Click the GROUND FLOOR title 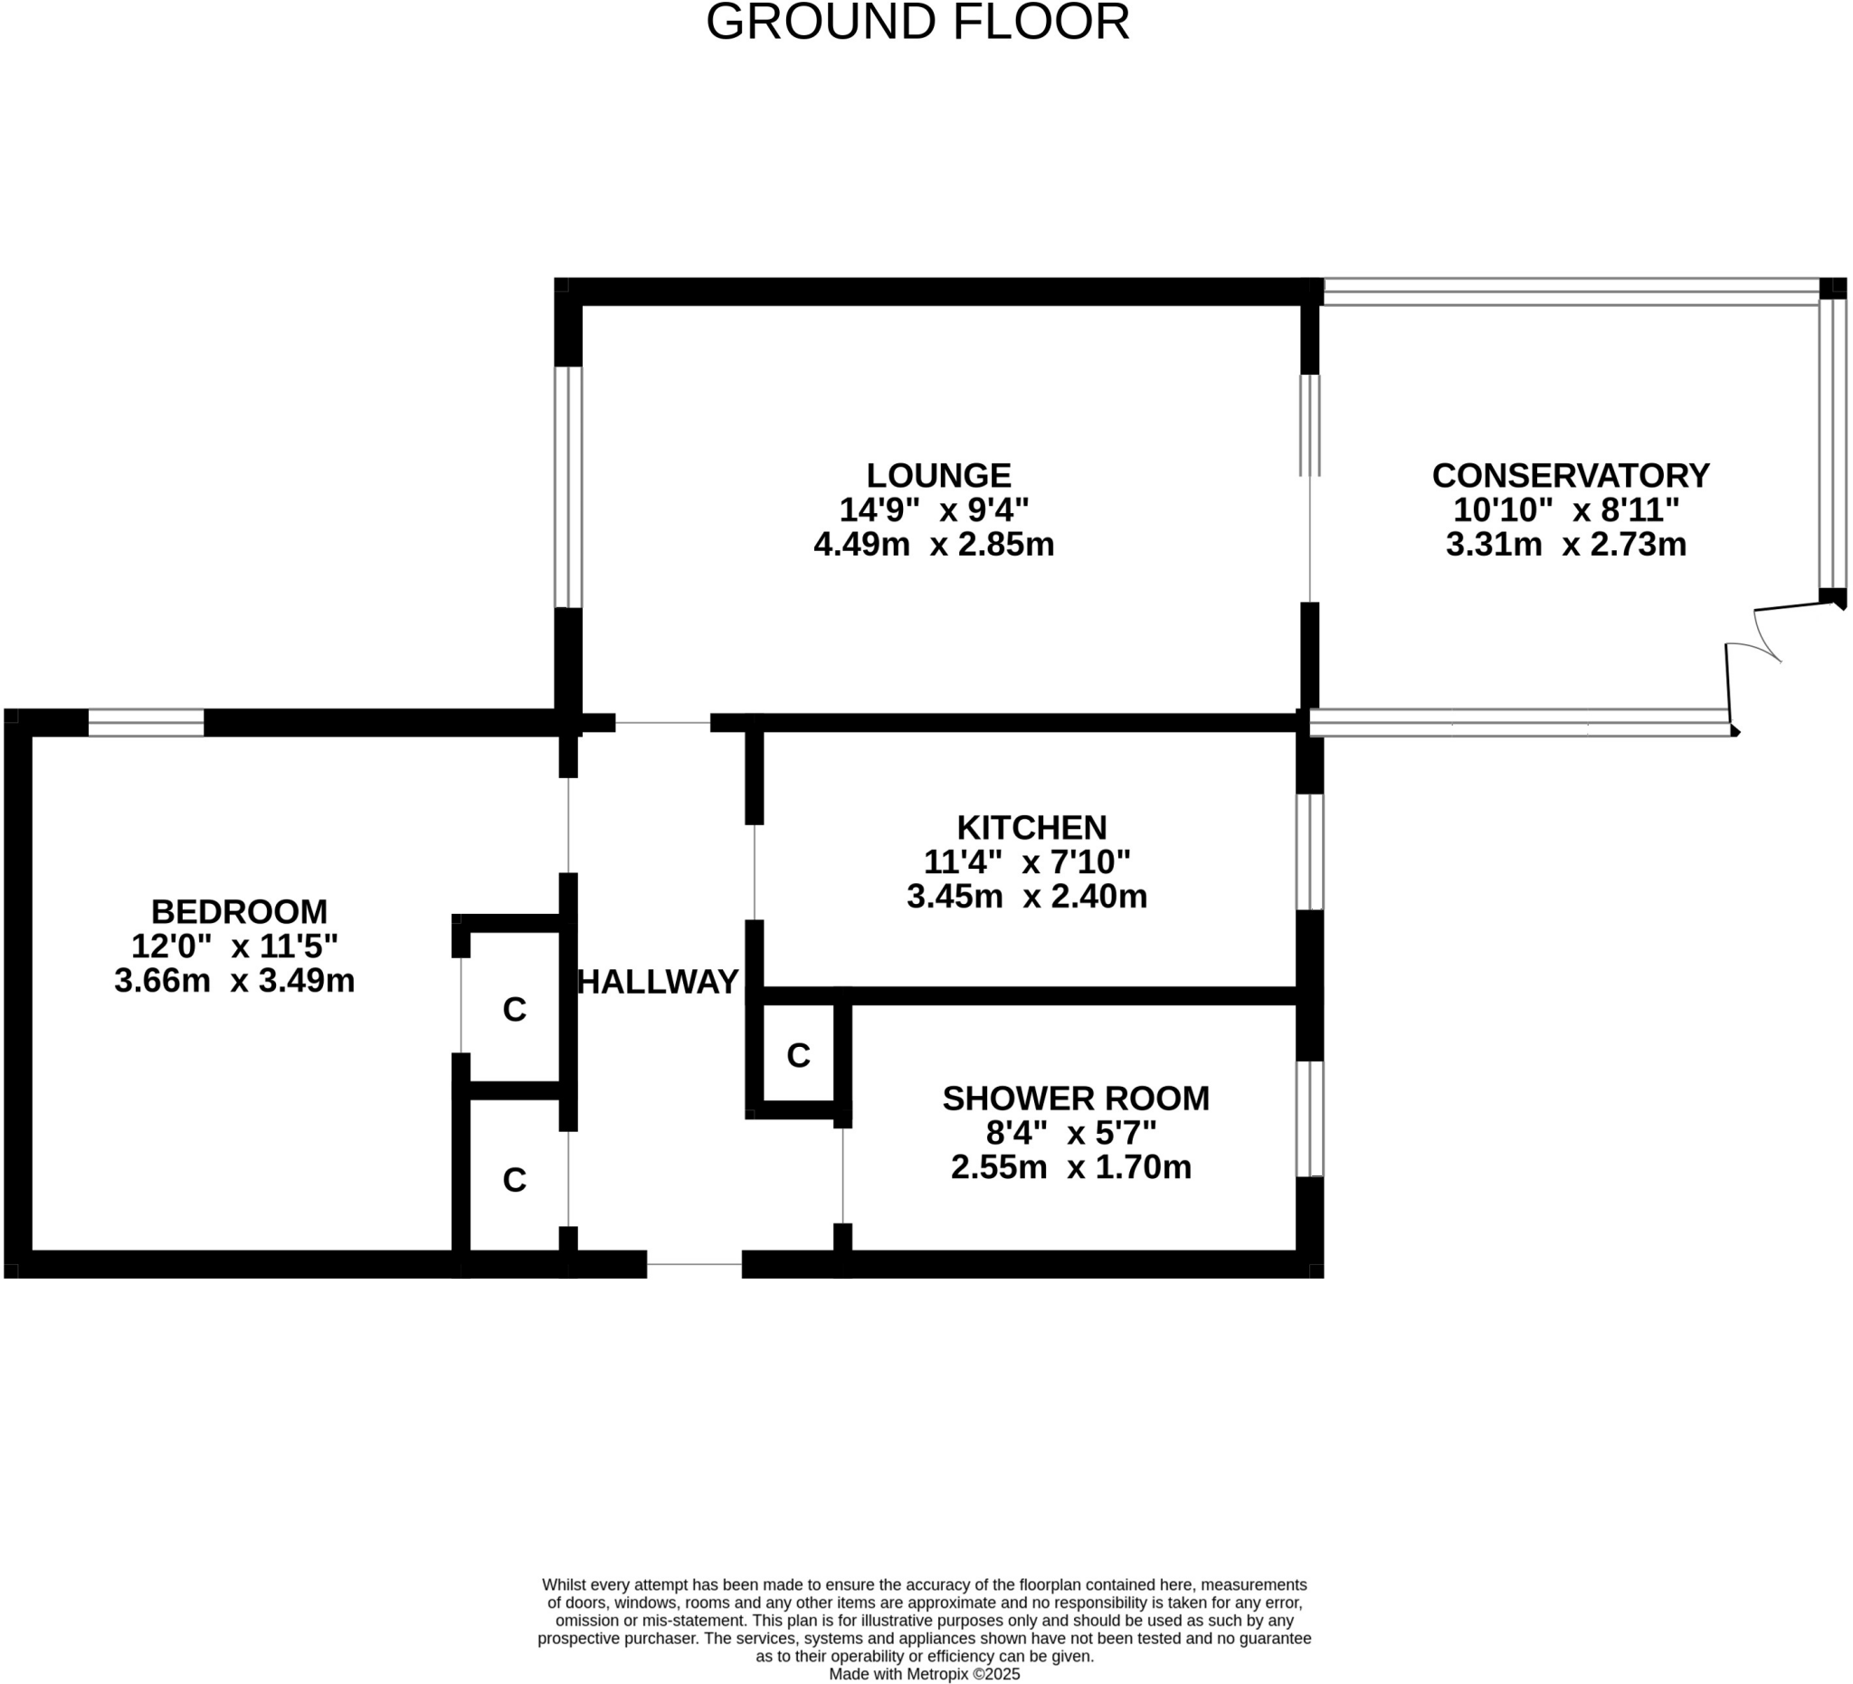pyautogui.click(x=917, y=23)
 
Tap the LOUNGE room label pyautogui.click(x=938, y=475)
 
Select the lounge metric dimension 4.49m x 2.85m pyautogui.click(x=933, y=545)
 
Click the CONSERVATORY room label pyautogui.click(x=1570, y=475)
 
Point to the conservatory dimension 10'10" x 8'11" pyautogui.click(x=1566, y=510)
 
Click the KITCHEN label pyautogui.click(x=1031, y=827)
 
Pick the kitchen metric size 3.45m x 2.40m pyautogui.click(x=1027, y=896)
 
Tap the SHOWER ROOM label pyautogui.click(x=1076, y=1099)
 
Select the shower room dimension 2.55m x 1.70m pyautogui.click(x=1070, y=1167)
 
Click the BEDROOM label pyautogui.click(x=239, y=912)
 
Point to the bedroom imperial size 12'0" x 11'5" pyautogui.click(x=234, y=946)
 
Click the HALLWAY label pyautogui.click(x=658, y=982)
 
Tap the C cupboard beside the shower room pyautogui.click(x=798, y=1055)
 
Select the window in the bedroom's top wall pyautogui.click(x=146, y=722)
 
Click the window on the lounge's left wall pyautogui.click(x=568, y=487)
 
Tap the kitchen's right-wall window pyautogui.click(x=1309, y=852)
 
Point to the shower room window pyautogui.click(x=1309, y=1118)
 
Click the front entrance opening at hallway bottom pyautogui.click(x=694, y=1264)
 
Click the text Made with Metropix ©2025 pyautogui.click(x=924, y=1674)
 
